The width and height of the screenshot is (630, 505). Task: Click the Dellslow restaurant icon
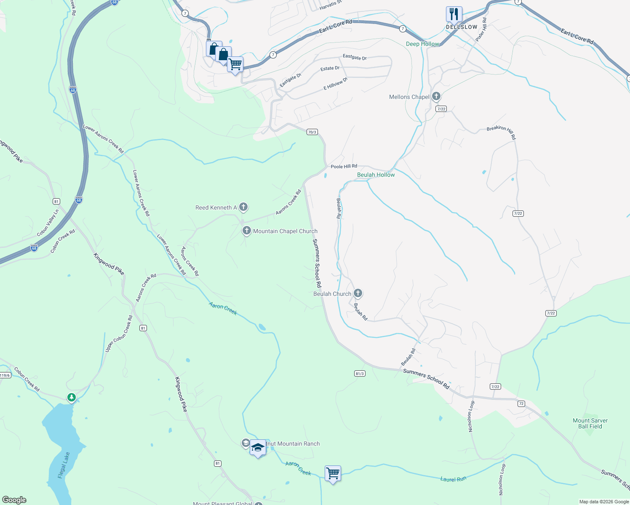click(454, 14)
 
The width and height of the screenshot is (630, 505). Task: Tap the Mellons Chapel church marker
click(436, 96)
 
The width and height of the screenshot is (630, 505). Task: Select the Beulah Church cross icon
click(358, 293)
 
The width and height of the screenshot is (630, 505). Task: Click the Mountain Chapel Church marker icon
click(246, 231)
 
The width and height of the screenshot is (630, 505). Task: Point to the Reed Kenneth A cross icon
click(243, 207)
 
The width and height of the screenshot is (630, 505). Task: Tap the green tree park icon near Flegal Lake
click(72, 397)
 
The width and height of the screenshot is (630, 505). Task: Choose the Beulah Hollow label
click(376, 175)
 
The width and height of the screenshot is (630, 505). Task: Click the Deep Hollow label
click(422, 44)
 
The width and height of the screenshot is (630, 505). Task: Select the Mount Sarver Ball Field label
click(590, 423)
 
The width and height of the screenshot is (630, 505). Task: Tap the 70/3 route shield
click(312, 132)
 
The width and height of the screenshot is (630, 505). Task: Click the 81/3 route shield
click(359, 373)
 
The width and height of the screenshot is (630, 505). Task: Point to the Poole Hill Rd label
click(344, 167)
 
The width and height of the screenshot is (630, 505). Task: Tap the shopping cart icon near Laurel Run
click(333, 473)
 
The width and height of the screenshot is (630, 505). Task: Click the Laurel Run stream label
click(453, 479)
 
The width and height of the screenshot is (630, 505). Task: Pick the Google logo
click(14, 500)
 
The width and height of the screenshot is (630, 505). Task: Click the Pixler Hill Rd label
click(481, 29)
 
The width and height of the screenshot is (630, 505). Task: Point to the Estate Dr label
click(330, 68)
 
